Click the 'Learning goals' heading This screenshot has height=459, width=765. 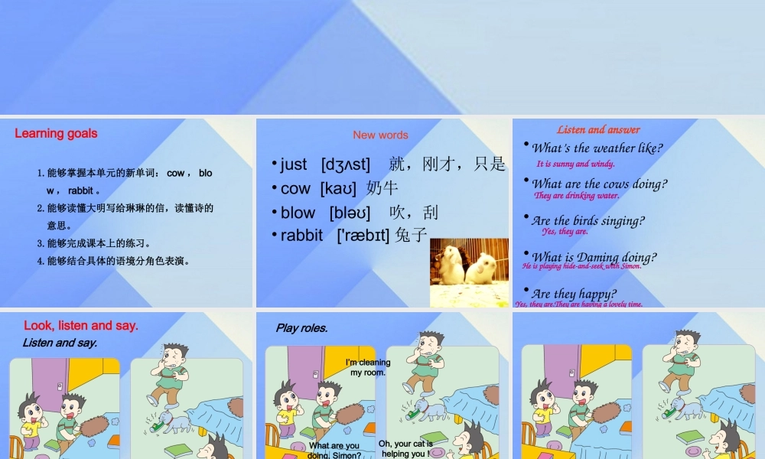tap(56, 133)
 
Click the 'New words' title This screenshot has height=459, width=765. tap(380, 135)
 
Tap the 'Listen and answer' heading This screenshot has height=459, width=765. tap(598, 129)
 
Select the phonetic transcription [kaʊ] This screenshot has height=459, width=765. tap(338, 188)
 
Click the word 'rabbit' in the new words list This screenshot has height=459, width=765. tap(301, 235)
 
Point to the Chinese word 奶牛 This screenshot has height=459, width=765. tap(382, 188)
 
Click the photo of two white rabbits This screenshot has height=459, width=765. tap(468, 262)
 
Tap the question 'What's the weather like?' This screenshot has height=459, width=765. tap(597, 148)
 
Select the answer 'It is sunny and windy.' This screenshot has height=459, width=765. tap(575, 164)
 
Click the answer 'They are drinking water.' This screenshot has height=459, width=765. tap(576, 196)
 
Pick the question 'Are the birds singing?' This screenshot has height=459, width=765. tap(588, 221)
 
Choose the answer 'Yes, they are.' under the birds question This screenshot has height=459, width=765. tap(565, 231)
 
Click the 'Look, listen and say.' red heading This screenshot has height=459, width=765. tap(81, 325)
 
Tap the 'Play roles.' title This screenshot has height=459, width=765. tap(301, 328)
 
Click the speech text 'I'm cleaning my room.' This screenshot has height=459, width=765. tap(368, 367)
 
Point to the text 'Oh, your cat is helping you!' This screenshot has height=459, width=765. tap(406, 448)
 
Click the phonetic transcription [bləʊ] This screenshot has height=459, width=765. tap(350, 212)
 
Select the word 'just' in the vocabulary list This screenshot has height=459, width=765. tap(293, 164)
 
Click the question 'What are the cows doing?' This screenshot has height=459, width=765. tap(599, 184)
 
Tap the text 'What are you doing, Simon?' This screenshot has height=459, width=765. tap(334, 451)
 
